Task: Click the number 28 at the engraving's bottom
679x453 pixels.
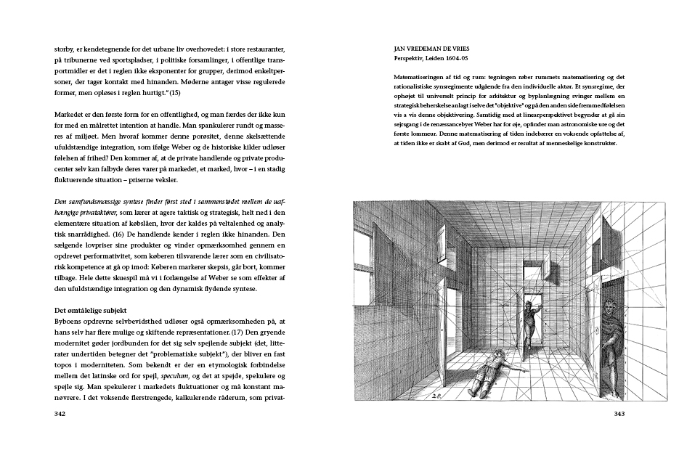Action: pos(436,396)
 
